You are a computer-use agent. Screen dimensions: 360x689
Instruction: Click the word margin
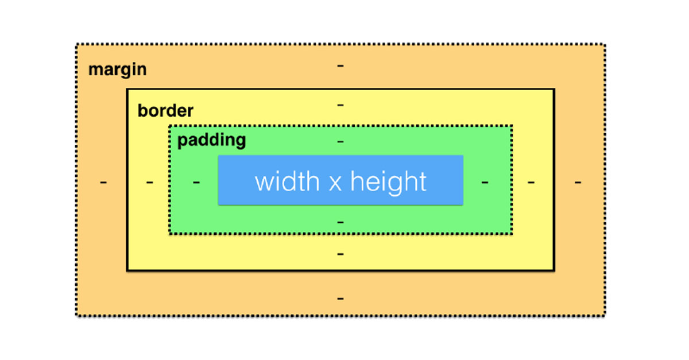(x=117, y=70)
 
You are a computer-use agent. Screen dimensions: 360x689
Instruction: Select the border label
(x=165, y=110)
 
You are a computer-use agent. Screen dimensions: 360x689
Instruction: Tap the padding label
(x=211, y=140)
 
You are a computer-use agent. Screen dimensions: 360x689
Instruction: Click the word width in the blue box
(x=287, y=181)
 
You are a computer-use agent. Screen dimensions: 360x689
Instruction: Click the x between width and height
(x=336, y=184)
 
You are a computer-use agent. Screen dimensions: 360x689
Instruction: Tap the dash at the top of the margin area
(x=340, y=66)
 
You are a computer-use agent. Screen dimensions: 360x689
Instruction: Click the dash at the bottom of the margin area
(x=340, y=299)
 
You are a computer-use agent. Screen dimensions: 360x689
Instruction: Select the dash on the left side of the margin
(x=103, y=183)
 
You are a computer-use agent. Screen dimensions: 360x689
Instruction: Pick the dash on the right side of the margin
(x=578, y=183)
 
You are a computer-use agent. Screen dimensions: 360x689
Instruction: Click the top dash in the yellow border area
(x=340, y=106)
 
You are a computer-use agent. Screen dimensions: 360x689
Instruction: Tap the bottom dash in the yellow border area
(x=340, y=254)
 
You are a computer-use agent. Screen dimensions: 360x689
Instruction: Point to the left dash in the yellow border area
(x=150, y=183)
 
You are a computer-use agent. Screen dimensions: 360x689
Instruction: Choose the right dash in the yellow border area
(x=531, y=183)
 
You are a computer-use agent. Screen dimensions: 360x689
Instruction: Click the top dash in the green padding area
(x=340, y=141)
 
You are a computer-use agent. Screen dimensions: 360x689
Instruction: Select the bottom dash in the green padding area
(x=340, y=222)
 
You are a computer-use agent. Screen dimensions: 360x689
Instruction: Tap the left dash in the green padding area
(x=196, y=183)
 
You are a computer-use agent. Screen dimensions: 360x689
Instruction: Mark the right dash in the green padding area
(x=485, y=183)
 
